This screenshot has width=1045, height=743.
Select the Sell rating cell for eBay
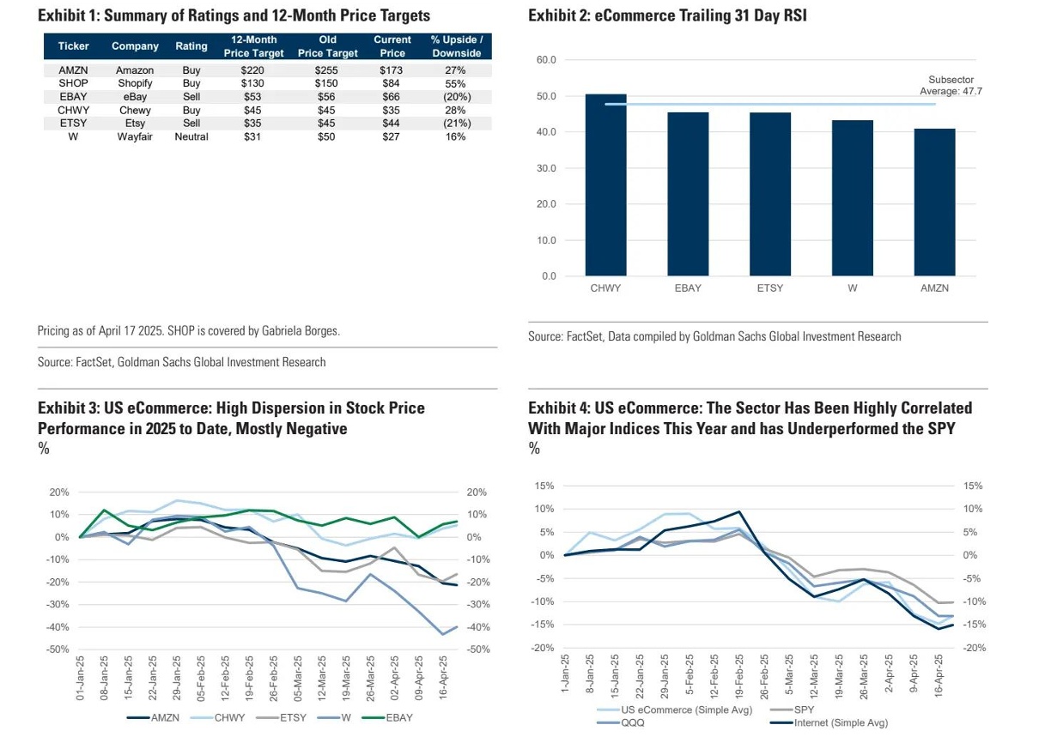pyautogui.click(x=191, y=97)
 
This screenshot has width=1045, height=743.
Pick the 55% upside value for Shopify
pyautogui.click(x=456, y=84)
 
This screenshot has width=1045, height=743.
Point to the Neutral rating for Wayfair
pyautogui.click(x=191, y=136)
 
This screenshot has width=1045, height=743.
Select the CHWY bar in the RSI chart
pyautogui.click(x=605, y=184)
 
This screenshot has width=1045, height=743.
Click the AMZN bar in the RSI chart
pyautogui.click(x=934, y=202)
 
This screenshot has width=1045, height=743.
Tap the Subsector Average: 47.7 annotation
pyautogui.click(x=951, y=84)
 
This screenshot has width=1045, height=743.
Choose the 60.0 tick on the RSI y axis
pyautogui.click(x=547, y=60)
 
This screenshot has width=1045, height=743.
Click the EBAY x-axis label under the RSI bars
pyautogui.click(x=688, y=288)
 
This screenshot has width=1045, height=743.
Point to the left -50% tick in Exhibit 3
pyautogui.click(x=57, y=649)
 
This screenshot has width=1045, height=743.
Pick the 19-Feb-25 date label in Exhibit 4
pyautogui.click(x=738, y=677)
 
